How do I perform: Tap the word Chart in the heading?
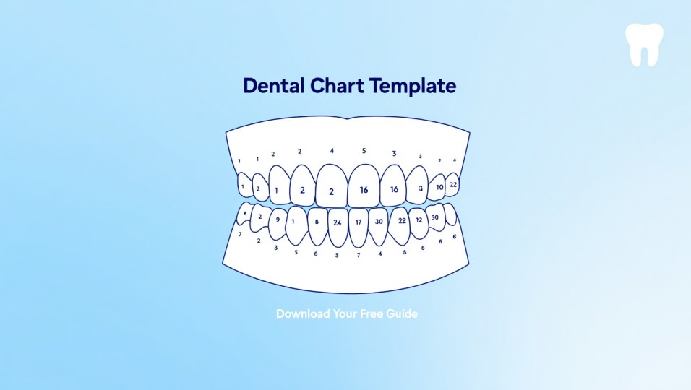338,86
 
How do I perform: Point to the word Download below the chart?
304,314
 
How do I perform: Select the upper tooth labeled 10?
437,187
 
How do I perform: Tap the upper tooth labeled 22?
452,185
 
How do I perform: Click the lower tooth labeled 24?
338,223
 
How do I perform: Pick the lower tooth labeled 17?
359,223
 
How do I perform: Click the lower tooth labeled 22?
400,222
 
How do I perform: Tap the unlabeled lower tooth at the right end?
451,214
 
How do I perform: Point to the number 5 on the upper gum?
364,151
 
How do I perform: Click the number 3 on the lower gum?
275,248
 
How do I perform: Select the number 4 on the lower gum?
380,253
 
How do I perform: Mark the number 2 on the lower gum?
259,240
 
